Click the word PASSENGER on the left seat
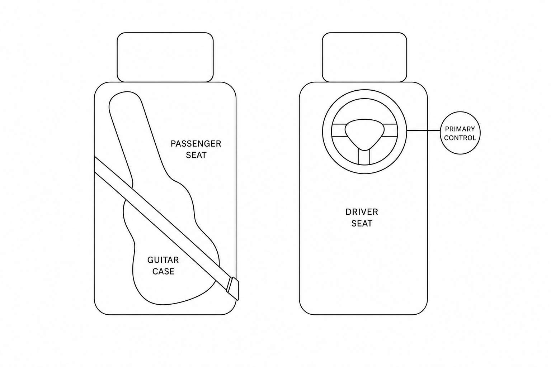coord(196,144)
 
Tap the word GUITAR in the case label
coord(163,260)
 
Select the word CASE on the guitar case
coord(163,271)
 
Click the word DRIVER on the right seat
coord(362,212)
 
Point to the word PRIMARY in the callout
coord(460,129)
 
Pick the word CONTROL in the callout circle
coord(460,138)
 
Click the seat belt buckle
coord(233,289)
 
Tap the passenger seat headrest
coord(165,57)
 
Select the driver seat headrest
coord(364,57)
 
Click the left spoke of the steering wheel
coord(339,130)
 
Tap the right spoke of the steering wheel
coord(390,130)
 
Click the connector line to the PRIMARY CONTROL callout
coord(423,130)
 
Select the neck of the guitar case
coord(137,138)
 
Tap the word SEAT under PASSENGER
coord(196,155)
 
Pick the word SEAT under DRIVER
coord(362,223)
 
